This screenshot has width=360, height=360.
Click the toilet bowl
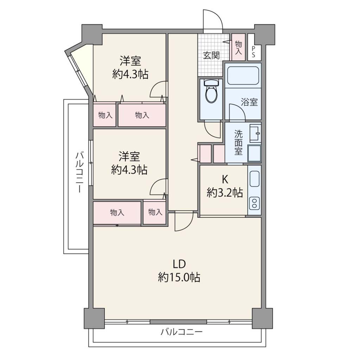tap(211, 91)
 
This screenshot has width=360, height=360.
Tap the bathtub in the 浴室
tap(243, 76)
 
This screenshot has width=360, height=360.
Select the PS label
tap(253, 52)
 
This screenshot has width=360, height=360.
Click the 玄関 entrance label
tap(211, 55)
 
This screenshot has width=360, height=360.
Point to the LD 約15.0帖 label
tap(179, 271)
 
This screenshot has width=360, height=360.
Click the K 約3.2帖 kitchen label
tap(225, 186)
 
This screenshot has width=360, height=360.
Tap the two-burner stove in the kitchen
tap(255, 203)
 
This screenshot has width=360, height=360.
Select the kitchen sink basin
tap(255, 179)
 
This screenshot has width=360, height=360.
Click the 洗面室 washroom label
tap(238, 143)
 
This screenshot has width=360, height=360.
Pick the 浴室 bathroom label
tap(249, 102)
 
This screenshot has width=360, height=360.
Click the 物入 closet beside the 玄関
tap(238, 47)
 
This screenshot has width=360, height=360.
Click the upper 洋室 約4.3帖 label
tap(130, 67)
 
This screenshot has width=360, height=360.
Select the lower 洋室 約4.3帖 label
tap(129, 163)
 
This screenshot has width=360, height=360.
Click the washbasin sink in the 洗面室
tap(255, 133)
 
